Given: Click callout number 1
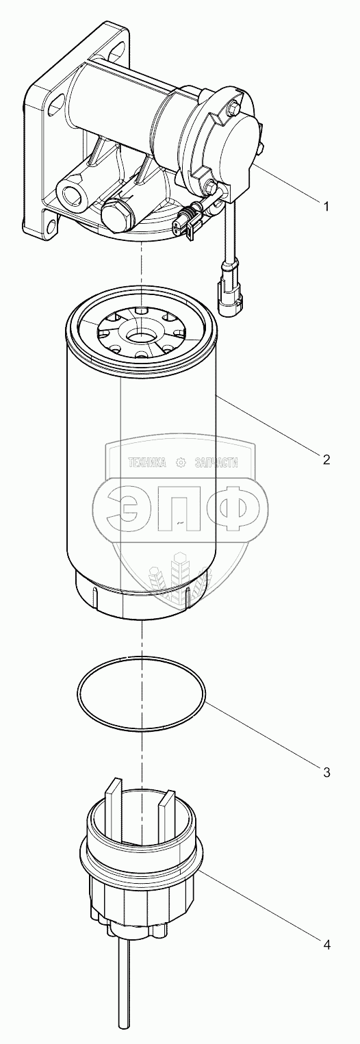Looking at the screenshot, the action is click(x=326, y=206).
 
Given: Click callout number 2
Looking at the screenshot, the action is click(x=326, y=459).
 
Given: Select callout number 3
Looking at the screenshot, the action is click(x=326, y=772).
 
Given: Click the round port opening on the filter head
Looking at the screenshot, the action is click(x=69, y=192).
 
